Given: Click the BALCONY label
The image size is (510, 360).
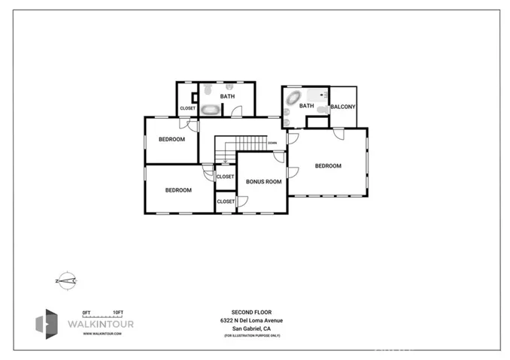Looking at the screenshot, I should (x=342, y=107).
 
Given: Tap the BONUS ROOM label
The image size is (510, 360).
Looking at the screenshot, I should (x=263, y=181).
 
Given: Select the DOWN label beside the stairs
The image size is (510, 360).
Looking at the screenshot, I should (x=272, y=143).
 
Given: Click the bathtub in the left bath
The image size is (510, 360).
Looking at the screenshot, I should (x=210, y=110).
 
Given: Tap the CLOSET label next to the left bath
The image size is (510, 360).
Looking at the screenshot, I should (x=187, y=108).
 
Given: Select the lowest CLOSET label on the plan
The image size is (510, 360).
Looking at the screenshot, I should (x=226, y=201).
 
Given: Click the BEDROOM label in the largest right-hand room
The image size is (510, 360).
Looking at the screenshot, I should (x=328, y=165).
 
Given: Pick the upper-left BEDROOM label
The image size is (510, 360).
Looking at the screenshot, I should (x=172, y=139).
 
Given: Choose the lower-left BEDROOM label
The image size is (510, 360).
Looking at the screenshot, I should (x=178, y=190).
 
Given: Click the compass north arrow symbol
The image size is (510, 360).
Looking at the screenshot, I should (x=66, y=281).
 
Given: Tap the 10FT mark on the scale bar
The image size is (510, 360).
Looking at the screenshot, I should (x=118, y=312).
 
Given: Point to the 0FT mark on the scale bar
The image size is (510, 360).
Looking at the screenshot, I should (x=87, y=312).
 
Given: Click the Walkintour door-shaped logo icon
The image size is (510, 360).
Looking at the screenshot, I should (x=47, y=323).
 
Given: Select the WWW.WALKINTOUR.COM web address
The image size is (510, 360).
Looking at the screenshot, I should (x=102, y=333).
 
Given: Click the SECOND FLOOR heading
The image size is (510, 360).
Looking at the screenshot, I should (x=251, y=311).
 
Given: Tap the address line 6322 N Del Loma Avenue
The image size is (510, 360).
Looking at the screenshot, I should (x=251, y=319).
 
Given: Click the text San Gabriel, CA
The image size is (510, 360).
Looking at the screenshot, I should (x=251, y=328).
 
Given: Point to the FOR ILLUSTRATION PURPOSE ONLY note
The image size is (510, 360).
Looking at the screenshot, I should (x=251, y=335).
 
